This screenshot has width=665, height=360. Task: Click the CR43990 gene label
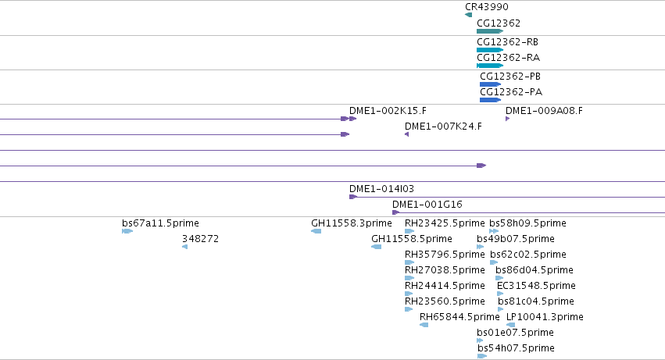[487, 7]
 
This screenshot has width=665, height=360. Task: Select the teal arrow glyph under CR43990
[468, 15]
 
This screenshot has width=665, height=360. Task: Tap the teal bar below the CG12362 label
[490, 31]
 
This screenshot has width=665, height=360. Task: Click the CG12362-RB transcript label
[507, 42]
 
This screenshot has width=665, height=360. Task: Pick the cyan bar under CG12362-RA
[490, 66]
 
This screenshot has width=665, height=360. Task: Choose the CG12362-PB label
[510, 77]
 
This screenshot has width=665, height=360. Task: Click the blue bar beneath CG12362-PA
[490, 100]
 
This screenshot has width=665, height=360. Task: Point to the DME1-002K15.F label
[388, 111]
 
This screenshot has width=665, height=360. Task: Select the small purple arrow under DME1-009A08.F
[507, 119]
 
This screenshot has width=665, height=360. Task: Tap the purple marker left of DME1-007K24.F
[406, 134]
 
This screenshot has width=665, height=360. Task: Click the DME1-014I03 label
[381, 189]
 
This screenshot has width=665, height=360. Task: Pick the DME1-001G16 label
[427, 205]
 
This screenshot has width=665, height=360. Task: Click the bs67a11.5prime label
[160, 223]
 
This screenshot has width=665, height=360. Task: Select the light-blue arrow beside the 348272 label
[184, 247]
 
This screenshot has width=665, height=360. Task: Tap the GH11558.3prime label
[352, 223]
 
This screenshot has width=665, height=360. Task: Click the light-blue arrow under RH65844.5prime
[424, 325]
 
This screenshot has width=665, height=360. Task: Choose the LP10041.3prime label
[545, 317]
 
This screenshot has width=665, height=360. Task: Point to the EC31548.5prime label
[536, 285]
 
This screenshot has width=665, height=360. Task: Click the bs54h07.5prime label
[516, 348]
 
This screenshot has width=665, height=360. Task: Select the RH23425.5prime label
[445, 223]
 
